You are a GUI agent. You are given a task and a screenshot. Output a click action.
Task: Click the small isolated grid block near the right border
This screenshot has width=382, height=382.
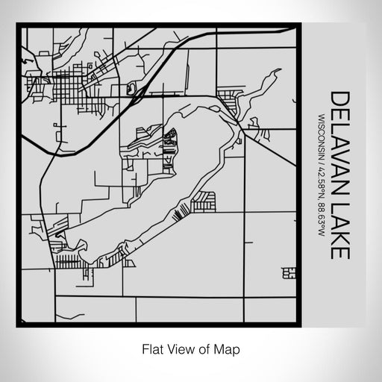(288, 274)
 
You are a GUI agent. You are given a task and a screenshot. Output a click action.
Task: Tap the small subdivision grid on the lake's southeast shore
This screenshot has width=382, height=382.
(203, 200)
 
